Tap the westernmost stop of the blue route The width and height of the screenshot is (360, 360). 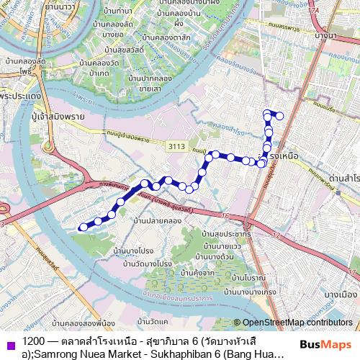coord(83,227)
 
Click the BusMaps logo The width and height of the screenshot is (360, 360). coord(326,346)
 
